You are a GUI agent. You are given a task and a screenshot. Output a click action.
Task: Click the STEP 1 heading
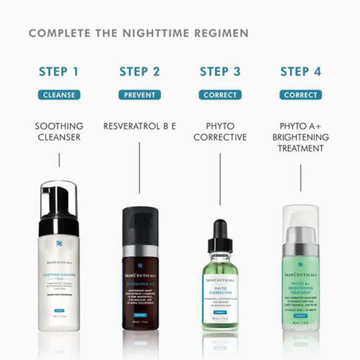(x=59, y=71)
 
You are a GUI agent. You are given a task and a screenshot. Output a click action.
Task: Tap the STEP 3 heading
(x=220, y=71)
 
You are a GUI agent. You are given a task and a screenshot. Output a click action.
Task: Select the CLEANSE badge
(x=59, y=95)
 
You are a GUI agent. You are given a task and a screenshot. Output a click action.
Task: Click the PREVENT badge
(x=140, y=95)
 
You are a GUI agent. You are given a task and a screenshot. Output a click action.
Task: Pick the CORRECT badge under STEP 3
(x=220, y=95)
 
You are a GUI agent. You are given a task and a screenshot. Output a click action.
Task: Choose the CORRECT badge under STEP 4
(x=301, y=95)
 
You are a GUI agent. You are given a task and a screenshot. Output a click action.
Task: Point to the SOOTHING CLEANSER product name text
(x=59, y=132)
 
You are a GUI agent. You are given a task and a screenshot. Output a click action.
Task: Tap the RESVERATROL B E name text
(x=140, y=126)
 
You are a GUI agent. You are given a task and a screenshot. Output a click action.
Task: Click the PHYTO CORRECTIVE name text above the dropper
(x=220, y=132)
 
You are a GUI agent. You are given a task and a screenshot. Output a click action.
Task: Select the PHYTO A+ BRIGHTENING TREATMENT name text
(x=301, y=137)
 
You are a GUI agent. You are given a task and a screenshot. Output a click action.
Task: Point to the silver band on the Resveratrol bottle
(x=140, y=251)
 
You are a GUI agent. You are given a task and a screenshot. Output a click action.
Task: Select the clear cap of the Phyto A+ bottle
(x=301, y=223)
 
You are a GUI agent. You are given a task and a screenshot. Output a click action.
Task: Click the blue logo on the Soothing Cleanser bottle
(x=59, y=243)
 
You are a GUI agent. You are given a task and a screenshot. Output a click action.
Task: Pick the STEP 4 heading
(x=301, y=71)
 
